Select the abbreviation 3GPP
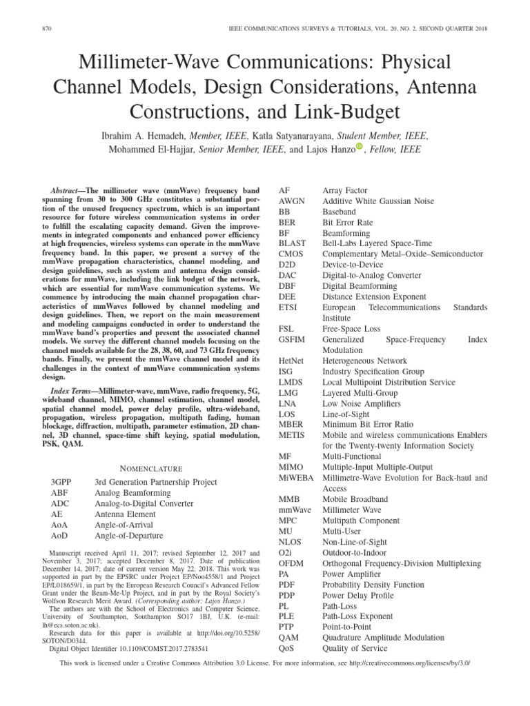[x=61, y=482]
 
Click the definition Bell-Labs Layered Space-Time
[x=377, y=243]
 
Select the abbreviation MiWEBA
[x=294, y=478]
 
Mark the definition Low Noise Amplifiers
[x=361, y=403]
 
